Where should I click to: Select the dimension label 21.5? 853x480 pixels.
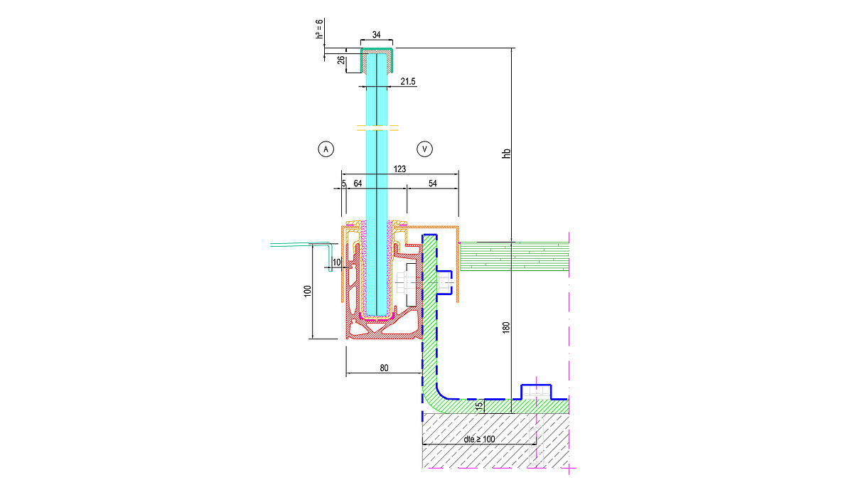pos(407,82)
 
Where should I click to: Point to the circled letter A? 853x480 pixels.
pos(325,149)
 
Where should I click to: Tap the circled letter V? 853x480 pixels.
pos(424,149)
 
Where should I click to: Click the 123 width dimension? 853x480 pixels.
pos(399,169)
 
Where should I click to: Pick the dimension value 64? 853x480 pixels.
pos(358,184)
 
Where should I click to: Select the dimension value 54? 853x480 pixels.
pos(432,184)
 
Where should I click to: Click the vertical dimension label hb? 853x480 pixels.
pos(507,153)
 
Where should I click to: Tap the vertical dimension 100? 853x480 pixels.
pos(307,291)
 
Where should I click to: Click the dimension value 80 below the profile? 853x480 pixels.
pos(384,368)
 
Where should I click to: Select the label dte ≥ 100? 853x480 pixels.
pos(479,439)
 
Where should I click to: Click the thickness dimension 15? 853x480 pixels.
pos(479,405)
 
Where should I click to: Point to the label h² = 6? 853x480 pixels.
pos(321,29)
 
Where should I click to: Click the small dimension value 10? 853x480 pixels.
pos(336,262)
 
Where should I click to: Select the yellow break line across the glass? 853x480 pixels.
pos(377,129)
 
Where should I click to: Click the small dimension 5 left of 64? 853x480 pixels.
pos(343,184)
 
